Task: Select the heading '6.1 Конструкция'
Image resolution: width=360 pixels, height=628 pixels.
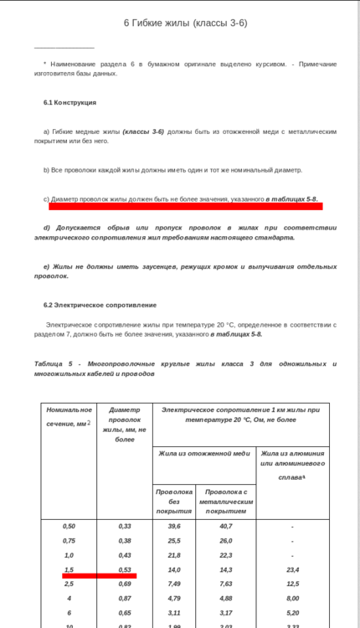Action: [69, 102]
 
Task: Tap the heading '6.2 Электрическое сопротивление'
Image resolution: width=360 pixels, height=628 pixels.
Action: [100, 305]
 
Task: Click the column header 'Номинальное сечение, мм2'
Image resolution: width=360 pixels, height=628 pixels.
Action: [69, 417]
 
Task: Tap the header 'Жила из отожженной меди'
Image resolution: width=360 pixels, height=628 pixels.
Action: [204, 453]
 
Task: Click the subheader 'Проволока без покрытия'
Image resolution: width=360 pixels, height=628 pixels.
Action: [174, 501]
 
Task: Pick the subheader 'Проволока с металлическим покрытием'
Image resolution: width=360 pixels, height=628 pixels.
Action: [226, 501]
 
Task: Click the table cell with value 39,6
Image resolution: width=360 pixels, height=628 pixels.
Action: [174, 526]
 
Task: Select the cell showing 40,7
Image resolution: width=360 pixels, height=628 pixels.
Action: [226, 526]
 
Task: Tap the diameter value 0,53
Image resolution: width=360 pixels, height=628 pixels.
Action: [125, 569]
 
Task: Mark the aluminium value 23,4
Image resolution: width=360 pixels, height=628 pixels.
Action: [292, 569]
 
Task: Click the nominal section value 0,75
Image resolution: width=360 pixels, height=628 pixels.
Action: [69, 541]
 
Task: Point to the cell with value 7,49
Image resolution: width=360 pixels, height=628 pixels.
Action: [174, 584]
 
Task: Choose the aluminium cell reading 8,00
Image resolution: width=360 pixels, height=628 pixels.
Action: [292, 598]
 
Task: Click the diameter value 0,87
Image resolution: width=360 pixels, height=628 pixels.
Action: [125, 598]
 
